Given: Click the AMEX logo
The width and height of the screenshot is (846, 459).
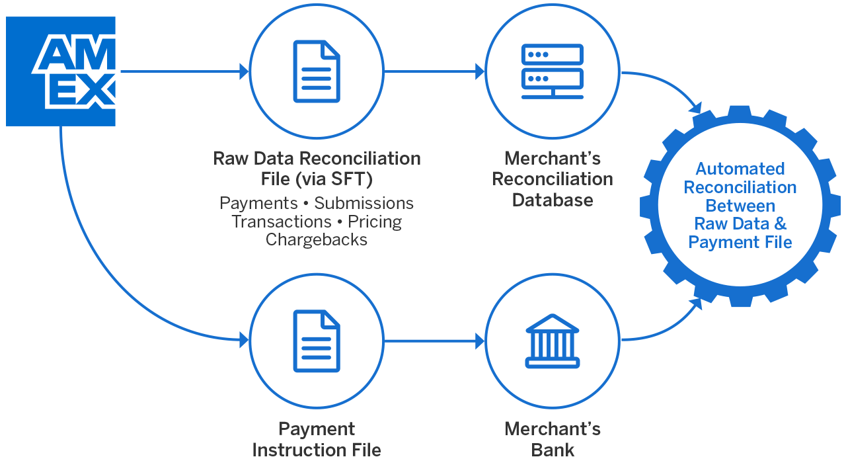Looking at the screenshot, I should [x=61, y=71].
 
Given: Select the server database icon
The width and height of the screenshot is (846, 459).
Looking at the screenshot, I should [x=553, y=71].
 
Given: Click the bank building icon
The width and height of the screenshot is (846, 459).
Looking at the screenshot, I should [x=553, y=341].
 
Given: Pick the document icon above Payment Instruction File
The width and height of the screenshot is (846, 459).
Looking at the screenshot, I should [x=317, y=341].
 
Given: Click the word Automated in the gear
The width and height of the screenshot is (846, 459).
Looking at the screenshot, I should [x=740, y=169].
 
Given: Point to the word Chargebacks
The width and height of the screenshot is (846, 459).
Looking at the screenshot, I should [x=317, y=239].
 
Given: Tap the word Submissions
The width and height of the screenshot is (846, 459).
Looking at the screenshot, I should [x=364, y=203].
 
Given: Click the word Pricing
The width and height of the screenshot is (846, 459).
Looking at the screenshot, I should [x=375, y=222].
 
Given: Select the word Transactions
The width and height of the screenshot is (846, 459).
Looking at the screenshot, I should [x=282, y=222].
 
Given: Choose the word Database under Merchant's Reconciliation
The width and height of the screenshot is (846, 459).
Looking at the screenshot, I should [x=553, y=199].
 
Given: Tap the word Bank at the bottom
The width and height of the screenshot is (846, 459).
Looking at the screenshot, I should [x=553, y=450].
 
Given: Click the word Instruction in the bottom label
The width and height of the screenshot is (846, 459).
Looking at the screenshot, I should [x=317, y=450].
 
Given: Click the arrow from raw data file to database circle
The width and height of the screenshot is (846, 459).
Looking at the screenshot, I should [x=434, y=71].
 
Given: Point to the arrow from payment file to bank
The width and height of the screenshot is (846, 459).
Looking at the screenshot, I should [x=434, y=341].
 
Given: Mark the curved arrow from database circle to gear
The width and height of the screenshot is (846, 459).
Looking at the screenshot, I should [x=668, y=83].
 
